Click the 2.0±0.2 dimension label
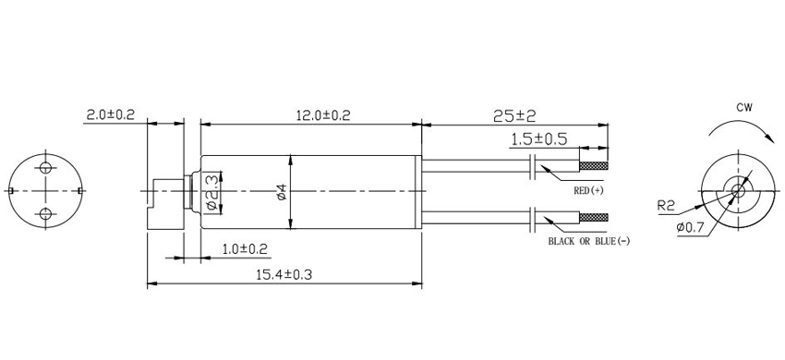coord(111,114)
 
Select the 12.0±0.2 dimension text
coord(323,115)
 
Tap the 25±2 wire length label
coord(514,116)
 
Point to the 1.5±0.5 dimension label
coord(538,138)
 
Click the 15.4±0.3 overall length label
coord(284,274)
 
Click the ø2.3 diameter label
coord(212,192)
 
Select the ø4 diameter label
coord(282,192)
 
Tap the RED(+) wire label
coord(589,190)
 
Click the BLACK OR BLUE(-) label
coord(589,241)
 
